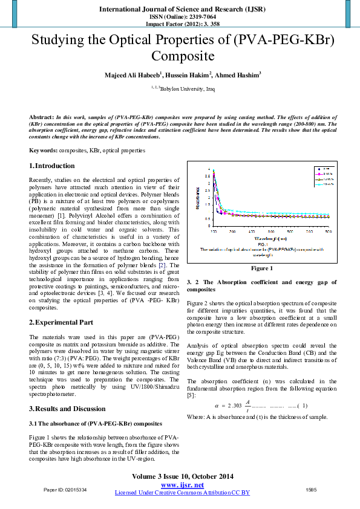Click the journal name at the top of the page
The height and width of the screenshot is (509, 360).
coord(180,10)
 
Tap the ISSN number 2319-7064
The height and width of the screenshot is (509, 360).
coord(194,17)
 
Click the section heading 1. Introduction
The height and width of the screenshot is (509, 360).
coord(52,166)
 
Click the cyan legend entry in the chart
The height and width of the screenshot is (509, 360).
coord(321,184)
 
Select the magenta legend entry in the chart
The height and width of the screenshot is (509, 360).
coord(321,173)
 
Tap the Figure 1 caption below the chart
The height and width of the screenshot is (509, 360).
coord(262,268)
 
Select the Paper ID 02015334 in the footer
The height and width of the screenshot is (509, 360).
coord(65,489)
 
